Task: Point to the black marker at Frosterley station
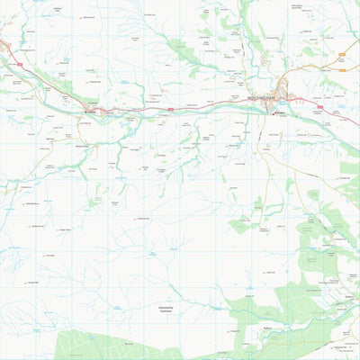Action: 86,112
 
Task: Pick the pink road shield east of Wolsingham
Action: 318,106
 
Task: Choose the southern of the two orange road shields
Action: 342,66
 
